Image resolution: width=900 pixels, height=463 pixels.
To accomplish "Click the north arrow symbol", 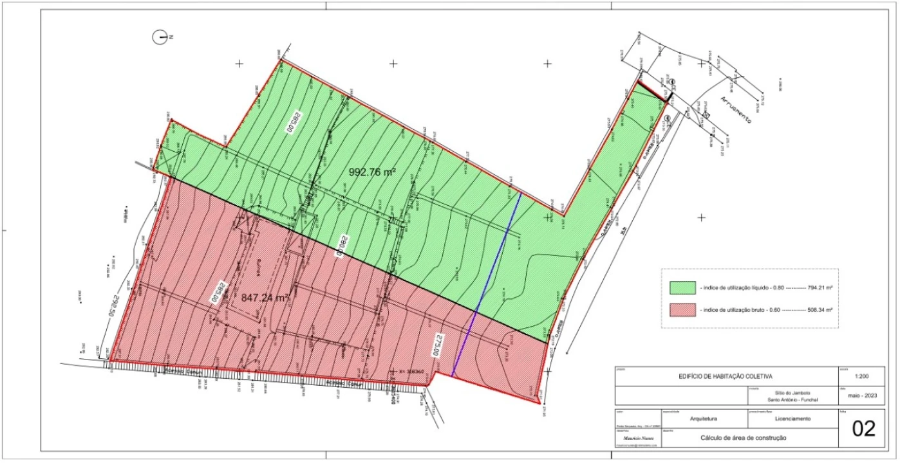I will pyautogui.click(x=161, y=37).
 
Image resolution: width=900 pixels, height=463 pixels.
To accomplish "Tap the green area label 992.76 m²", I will pyautogui.click(x=372, y=172).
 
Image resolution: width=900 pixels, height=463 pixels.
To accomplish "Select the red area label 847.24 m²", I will pyautogui.click(x=264, y=298).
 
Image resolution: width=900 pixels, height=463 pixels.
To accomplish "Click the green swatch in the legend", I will pyautogui.click(x=682, y=287).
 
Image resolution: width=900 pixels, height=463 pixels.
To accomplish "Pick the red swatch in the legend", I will pyautogui.click(x=682, y=310).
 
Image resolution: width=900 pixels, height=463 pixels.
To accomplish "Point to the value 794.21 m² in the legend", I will pyautogui.click(x=815, y=288).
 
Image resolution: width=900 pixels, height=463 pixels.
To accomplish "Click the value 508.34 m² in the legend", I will pyautogui.click(x=815, y=311).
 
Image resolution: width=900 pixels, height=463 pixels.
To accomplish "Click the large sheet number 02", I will pyautogui.click(x=863, y=429).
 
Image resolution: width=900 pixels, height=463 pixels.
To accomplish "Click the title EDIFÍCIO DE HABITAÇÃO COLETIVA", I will pyautogui.click(x=726, y=377).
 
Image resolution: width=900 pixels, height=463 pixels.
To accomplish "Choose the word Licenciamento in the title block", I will pyautogui.click(x=792, y=419).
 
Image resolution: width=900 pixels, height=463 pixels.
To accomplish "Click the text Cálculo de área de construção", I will pyautogui.click(x=744, y=439).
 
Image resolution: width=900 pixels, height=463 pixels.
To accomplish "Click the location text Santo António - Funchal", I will pyautogui.click(x=792, y=399).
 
